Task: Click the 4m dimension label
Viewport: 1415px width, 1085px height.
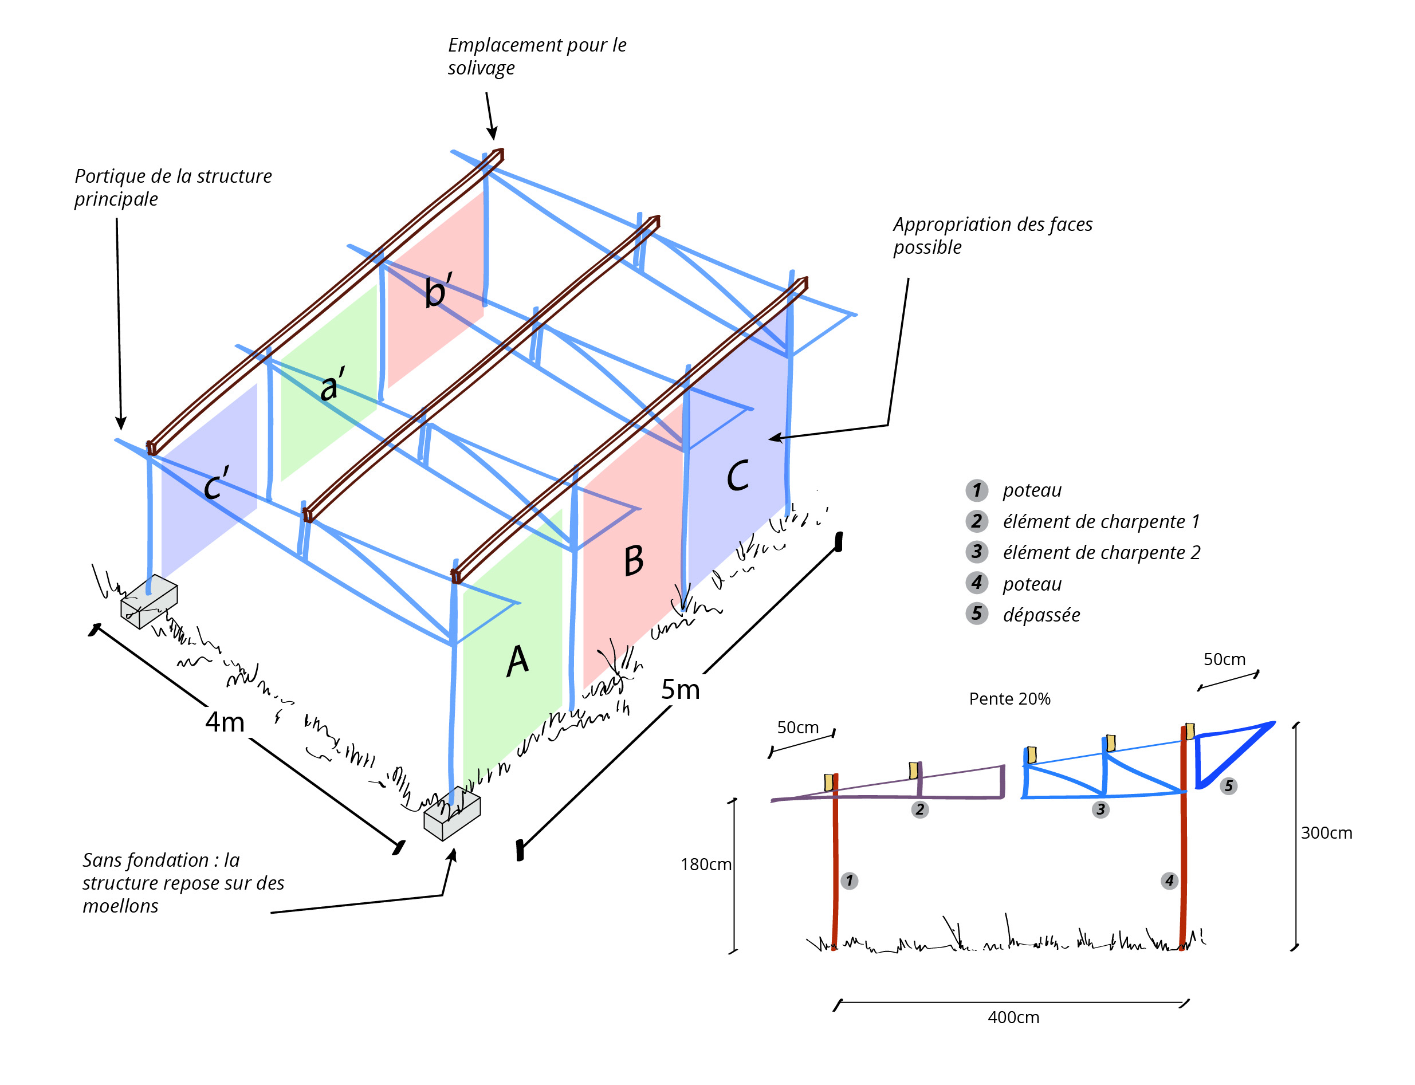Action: click(225, 722)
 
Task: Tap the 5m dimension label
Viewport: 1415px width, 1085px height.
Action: click(680, 690)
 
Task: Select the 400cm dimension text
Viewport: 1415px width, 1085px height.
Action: click(1013, 1018)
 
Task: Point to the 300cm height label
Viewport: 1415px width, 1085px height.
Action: click(1325, 833)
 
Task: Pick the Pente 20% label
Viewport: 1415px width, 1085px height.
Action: click(1009, 699)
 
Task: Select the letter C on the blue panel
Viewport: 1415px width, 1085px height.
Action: click(737, 476)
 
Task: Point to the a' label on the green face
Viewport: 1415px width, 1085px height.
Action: click(332, 385)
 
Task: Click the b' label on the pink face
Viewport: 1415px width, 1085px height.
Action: click(438, 290)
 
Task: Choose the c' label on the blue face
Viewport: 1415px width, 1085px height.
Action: click(216, 483)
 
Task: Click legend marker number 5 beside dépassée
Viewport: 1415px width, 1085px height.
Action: click(977, 614)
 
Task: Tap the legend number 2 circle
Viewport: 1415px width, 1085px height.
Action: click(977, 521)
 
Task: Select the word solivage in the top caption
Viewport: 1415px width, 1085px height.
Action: click(481, 68)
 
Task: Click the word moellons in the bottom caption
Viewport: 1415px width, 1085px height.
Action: click(120, 906)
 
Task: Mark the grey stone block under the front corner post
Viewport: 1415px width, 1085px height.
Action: click(451, 815)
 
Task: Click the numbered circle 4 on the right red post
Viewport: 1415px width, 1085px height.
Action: click(1169, 880)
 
